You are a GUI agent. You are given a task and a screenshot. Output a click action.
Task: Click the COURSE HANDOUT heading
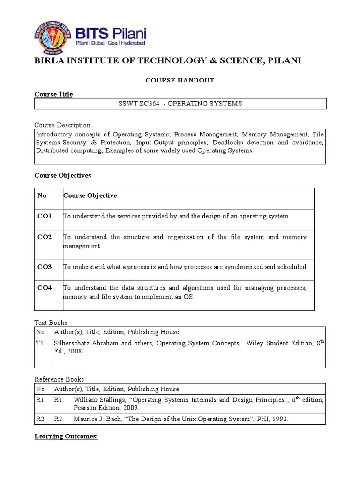180,80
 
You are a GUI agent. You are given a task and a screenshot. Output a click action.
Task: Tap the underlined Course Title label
53,94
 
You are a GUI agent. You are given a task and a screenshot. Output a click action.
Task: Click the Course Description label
62,125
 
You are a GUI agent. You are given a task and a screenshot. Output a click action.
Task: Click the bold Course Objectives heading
63,175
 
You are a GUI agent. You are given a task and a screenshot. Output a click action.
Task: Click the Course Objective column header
90,195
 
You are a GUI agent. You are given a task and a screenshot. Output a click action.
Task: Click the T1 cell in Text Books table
40,343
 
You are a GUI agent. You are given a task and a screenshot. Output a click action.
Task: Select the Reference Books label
59,379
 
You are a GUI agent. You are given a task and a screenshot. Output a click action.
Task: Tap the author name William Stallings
97,400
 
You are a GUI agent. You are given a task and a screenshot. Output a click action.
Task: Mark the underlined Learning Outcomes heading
66,436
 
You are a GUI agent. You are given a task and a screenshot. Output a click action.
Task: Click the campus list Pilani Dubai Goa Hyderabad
111,43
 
